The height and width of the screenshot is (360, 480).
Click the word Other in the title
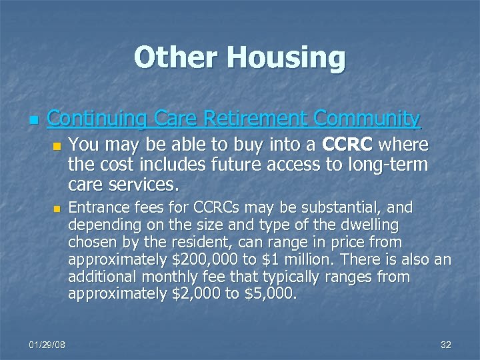tap(175, 57)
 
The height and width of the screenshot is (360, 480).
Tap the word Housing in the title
tap(285, 59)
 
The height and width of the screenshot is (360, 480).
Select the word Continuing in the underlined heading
tap(97, 119)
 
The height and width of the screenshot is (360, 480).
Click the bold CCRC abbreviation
tap(347, 145)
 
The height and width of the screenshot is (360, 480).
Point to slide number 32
tap(446, 345)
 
